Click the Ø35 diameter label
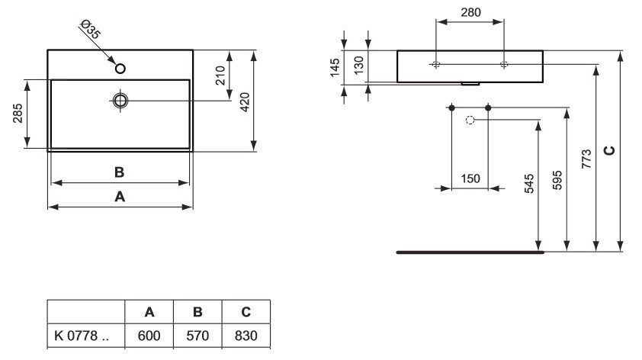[x=90, y=31]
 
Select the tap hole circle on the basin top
[x=120, y=69]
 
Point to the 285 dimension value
[x=17, y=114]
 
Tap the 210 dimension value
[x=220, y=76]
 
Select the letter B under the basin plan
[x=119, y=172]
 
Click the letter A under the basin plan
[x=119, y=196]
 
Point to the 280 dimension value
[x=470, y=12]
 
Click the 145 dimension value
[x=335, y=69]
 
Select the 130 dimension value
[x=358, y=67]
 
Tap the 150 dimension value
[x=470, y=178]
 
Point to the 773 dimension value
[x=586, y=158]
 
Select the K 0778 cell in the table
[x=85, y=336]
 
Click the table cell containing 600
[x=149, y=336]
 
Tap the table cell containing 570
[x=197, y=336]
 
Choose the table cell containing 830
[x=246, y=336]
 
